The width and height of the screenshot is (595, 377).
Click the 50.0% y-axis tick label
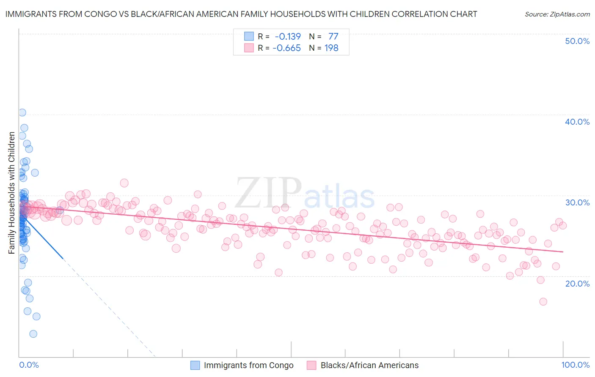point(577,41)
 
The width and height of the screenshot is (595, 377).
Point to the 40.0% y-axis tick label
point(577,122)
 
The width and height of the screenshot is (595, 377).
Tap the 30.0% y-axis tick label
point(577,202)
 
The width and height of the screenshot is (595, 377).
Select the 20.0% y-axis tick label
point(577,283)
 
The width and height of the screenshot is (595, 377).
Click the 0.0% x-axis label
point(29,365)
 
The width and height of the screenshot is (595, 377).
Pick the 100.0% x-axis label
point(575,365)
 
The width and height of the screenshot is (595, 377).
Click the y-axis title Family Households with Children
point(11,193)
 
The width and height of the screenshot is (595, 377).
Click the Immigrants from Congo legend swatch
point(195,365)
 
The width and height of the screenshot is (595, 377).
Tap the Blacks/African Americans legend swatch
point(312,365)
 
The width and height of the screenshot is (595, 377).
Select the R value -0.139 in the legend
point(288,36)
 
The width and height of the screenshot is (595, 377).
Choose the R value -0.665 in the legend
point(286,48)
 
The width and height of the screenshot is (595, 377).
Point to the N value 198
point(331,48)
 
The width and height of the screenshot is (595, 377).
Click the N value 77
point(333,36)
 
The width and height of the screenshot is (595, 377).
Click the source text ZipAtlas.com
point(557,14)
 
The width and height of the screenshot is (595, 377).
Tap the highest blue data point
point(22,112)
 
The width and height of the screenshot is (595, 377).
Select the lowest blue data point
point(33,334)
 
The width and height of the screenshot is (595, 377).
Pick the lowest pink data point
point(543,302)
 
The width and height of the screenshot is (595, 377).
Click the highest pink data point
point(124,183)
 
